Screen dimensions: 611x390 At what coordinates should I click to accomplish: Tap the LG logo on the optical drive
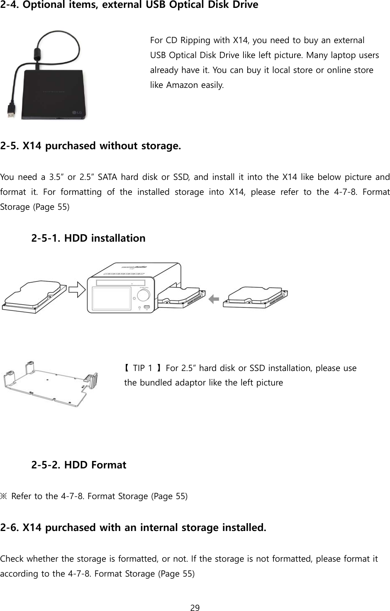(77, 112)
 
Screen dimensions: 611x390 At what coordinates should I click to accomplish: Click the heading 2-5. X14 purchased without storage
(91, 146)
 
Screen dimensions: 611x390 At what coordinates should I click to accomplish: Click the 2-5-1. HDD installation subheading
(88, 238)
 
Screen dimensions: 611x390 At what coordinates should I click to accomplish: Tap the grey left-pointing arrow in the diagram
(214, 298)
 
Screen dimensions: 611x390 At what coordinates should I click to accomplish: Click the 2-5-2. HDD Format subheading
(79, 465)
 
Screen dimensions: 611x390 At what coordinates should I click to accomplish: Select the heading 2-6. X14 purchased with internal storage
(133, 528)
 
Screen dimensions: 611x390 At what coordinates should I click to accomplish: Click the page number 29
(195, 608)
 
